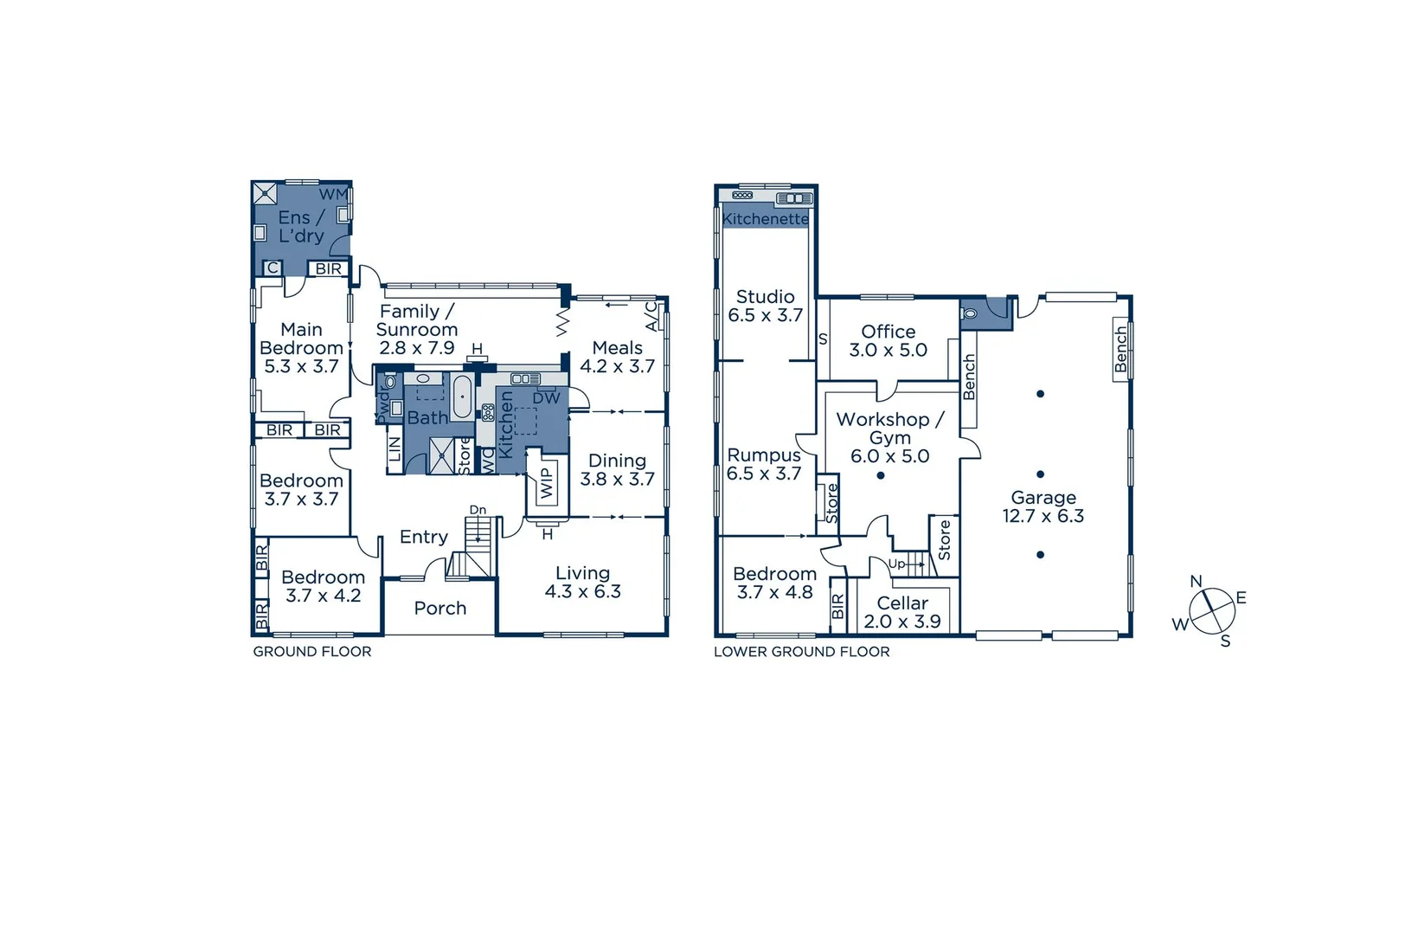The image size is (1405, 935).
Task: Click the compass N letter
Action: click(1196, 581)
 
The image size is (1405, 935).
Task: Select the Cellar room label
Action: click(902, 603)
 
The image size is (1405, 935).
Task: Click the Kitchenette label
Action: click(765, 219)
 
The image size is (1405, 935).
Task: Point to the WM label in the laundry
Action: click(333, 194)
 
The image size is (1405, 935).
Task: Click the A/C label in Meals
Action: click(651, 316)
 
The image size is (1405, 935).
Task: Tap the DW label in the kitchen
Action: click(546, 398)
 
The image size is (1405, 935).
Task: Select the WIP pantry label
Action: click(547, 483)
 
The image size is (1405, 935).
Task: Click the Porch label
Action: click(439, 608)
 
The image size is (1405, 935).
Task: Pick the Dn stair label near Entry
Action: click(478, 510)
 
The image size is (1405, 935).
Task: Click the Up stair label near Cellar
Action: click(896, 564)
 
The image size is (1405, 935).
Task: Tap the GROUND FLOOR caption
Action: click(311, 651)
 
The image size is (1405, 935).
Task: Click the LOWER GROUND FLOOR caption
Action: click(801, 651)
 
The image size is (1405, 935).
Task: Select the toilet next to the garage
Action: click(970, 312)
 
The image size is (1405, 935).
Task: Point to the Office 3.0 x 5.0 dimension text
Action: click(888, 350)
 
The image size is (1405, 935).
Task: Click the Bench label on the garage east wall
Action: click(1121, 349)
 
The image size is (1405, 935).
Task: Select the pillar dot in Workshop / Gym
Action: click(881, 475)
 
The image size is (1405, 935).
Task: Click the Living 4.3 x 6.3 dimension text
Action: click(582, 591)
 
